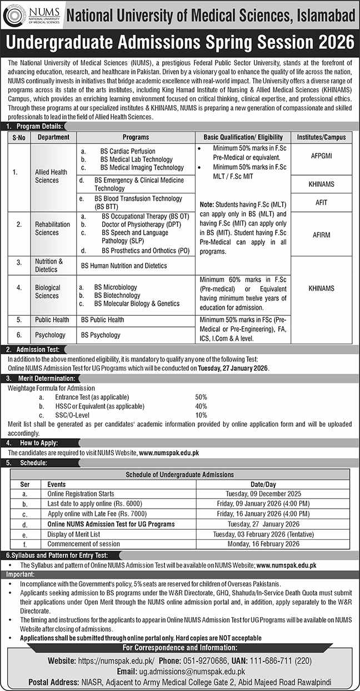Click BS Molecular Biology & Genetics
(x=137, y=304)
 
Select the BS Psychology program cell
(x=101, y=335)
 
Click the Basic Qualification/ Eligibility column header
(x=242, y=137)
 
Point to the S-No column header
(x=19, y=137)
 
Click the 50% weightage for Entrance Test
(x=201, y=397)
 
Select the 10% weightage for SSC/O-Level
(x=201, y=415)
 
